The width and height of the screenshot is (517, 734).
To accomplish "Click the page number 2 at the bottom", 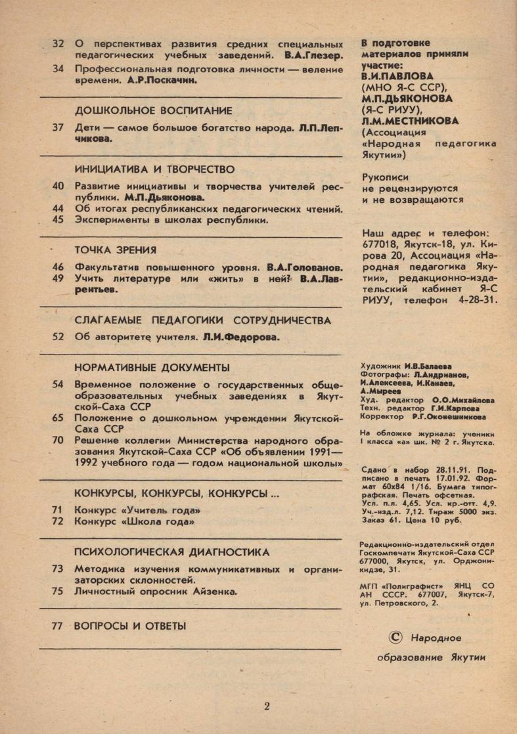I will click(x=266, y=706).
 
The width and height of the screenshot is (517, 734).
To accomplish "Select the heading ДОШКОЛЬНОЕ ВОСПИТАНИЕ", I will click(x=154, y=110).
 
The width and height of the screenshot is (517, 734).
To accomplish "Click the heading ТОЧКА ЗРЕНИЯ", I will click(x=116, y=249).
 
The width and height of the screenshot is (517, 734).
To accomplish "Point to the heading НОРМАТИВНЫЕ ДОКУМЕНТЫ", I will click(x=152, y=366).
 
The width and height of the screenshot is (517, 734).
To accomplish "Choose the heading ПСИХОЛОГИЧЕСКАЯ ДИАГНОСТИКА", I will click(x=172, y=552).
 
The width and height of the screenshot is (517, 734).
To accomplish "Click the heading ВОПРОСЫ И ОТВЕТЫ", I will click(x=130, y=626).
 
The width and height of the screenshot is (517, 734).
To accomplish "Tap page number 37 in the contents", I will click(x=57, y=127).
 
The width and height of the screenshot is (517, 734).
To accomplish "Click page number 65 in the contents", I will click(x=57, y=418).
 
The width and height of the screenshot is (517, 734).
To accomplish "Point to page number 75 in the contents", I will click(x=57, y=591).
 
